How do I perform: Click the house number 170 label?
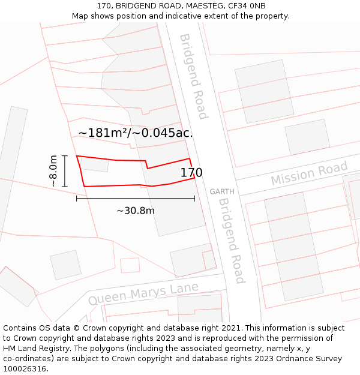coord(191,173)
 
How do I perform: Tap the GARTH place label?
coord(221,192)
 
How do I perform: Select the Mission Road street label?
coord(308,174)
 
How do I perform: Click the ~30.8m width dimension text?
coord(136,211)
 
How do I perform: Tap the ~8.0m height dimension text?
coord(53,171)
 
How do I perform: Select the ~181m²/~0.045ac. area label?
coord(136,133)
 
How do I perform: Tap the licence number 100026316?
coord(25,369)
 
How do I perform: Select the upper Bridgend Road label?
coord(193,76)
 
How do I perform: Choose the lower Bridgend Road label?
coord(231,240)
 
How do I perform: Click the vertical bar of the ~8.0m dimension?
coord(65,171)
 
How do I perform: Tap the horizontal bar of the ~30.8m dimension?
coord(136,198)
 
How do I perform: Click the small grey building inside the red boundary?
coord(95,164)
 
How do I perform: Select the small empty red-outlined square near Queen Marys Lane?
coord(130,265)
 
